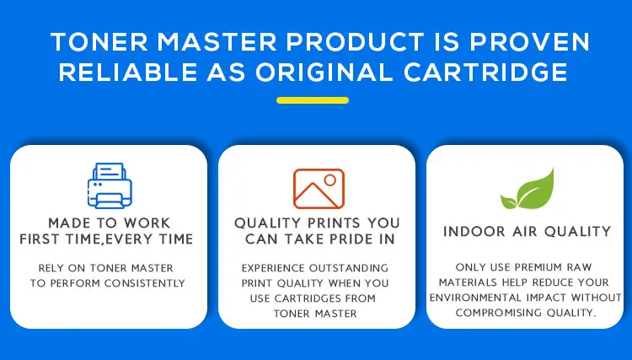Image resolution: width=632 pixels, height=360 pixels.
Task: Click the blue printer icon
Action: click(x=110, y=185)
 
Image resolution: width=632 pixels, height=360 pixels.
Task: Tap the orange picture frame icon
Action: click(x=319, y=189)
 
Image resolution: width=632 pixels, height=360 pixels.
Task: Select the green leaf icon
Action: click(x=528, y=189)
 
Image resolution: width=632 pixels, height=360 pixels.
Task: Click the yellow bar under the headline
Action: click(x=313, y=100)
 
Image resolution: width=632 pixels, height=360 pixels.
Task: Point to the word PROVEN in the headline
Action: click(x=529, y=41)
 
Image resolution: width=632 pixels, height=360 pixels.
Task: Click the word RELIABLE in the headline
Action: click(x=128, y=73)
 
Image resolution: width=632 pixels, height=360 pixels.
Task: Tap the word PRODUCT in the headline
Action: click(x=355, y=41)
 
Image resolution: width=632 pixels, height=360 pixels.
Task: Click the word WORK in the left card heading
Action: click(x=147, y=223)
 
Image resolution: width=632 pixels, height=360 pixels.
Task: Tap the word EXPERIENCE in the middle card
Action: click(x=273, y=268)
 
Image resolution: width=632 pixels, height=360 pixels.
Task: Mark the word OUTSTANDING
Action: click(x=349, y=268)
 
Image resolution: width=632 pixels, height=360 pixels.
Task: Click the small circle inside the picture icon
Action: click(x=330, y=180)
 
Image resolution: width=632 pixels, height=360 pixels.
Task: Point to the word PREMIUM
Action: click(x=538, y=267)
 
